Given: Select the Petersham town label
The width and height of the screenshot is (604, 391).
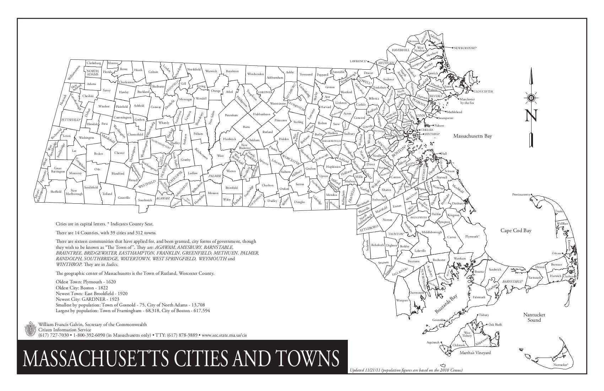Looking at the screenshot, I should coord(231,116).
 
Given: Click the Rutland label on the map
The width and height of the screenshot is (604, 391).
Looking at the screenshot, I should coord(268,132).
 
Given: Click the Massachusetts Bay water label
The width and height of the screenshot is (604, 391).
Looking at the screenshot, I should coord(472,136).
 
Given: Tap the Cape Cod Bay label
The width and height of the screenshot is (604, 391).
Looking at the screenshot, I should coord(516,231).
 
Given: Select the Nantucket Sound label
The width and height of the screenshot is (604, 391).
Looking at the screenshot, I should coord(534,317).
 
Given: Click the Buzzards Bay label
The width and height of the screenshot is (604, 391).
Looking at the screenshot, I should coord(446,304).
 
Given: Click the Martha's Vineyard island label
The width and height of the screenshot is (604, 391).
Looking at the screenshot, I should coord(475,353).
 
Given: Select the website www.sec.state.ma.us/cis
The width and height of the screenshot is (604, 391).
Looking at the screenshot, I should coord(224,335).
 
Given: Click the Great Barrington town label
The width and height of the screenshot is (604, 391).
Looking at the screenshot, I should coord(58,170).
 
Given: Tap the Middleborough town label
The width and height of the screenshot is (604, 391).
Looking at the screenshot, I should coord(432,232).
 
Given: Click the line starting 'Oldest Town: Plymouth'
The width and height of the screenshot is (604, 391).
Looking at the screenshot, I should coord(86,281).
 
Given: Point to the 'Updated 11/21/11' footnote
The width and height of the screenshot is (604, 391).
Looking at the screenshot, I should coord(406,370).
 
